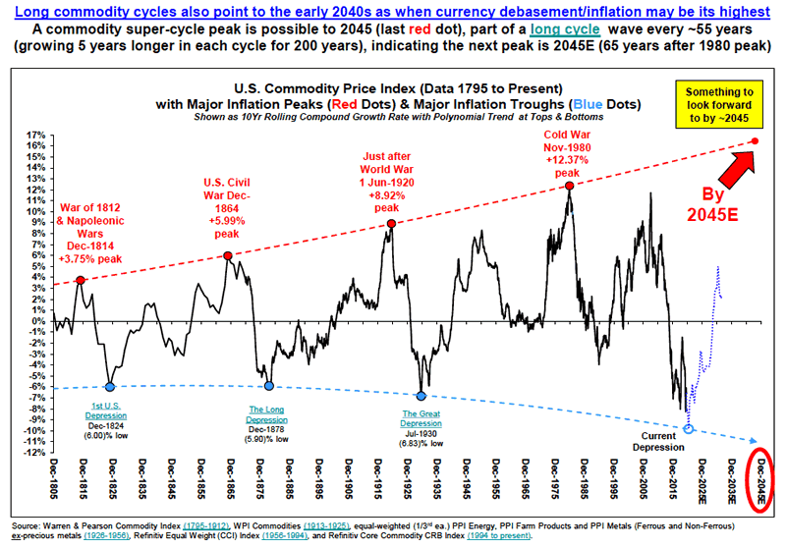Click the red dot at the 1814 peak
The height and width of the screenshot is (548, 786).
81,281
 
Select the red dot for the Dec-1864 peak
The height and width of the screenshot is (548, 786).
228,256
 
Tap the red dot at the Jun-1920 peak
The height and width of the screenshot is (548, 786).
391,224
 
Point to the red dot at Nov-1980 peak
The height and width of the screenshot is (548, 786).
568,186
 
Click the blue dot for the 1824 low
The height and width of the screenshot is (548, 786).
110,387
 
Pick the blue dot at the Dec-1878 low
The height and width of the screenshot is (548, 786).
268,386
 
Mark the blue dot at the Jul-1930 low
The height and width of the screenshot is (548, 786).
421,396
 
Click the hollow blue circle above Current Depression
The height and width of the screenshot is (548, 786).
688,429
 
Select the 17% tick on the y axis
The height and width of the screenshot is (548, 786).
37,135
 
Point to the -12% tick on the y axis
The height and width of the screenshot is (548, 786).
36,453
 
